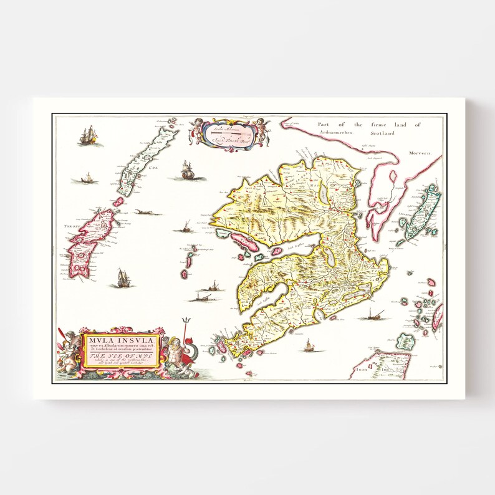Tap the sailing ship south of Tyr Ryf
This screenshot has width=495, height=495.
123,277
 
